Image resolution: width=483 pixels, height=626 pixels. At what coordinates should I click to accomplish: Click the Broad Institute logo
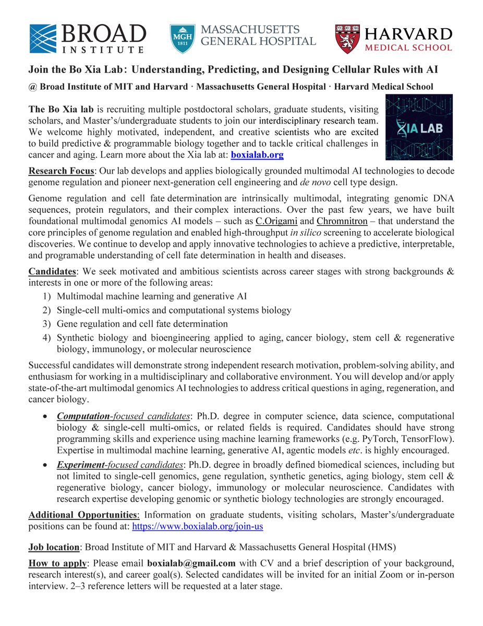87,38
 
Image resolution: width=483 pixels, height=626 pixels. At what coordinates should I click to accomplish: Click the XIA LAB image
419,127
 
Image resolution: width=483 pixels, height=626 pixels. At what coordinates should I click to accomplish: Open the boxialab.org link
257,155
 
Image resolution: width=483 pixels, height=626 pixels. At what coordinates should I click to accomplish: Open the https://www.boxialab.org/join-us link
198,527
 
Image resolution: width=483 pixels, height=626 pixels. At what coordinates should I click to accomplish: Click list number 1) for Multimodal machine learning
46,296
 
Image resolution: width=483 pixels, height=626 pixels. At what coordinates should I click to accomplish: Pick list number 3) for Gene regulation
46,324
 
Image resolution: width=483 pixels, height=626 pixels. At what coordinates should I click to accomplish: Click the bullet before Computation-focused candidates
46,416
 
